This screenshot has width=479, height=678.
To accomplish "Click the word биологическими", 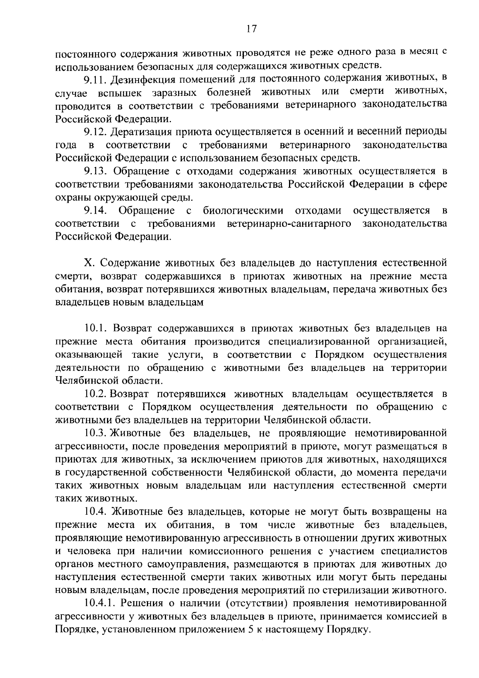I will tap(243, 210).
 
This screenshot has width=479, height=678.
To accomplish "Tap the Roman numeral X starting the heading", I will tap(88, 264).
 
